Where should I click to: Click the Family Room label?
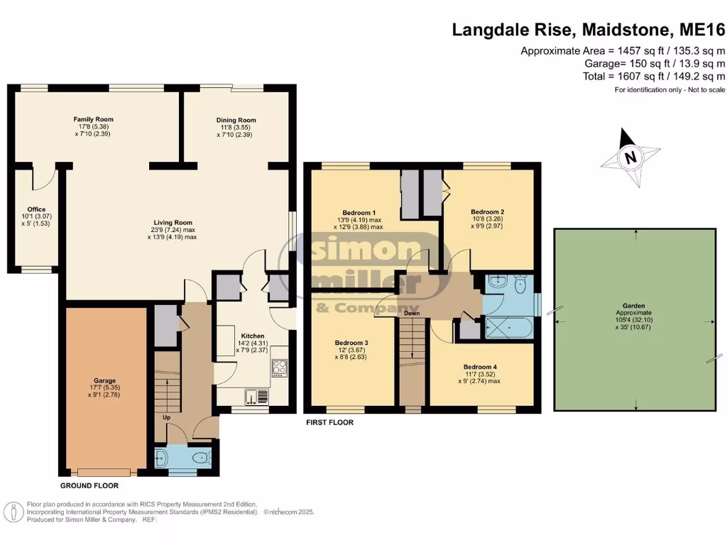click(94, 119)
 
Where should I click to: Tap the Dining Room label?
click(236, 120)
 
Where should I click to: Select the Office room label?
click(36, 209)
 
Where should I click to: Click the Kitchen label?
click(252, 336)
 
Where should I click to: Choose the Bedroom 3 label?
click(352, 342)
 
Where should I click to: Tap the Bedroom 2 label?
click(487, 211)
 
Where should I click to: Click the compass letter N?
click(630, 158)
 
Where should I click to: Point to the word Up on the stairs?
click(168, 417)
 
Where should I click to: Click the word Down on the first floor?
click(412, 313)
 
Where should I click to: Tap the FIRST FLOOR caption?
click(329, 422)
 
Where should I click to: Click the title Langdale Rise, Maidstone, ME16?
click(589, 30)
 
